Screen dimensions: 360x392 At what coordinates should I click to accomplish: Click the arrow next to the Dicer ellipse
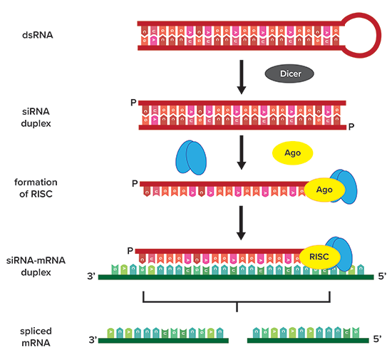[x=241, y=77]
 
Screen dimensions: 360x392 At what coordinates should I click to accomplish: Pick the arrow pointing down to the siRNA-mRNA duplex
[x=241, y=222]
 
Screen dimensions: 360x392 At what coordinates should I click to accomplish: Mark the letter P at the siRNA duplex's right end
[x=351, y=128]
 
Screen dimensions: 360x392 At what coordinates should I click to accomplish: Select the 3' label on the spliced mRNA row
[x=92, y=341]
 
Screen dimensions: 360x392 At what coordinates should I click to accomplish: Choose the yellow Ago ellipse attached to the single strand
[x=324, y=189]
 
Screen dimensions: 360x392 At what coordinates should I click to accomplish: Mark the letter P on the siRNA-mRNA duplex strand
[x=130, y=250]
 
